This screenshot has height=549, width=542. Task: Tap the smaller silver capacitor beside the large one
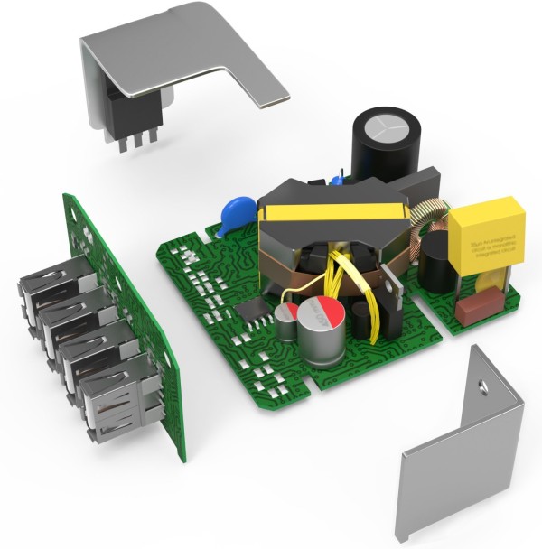tap(287, 317)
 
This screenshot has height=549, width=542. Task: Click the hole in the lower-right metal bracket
tap(482, 387)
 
